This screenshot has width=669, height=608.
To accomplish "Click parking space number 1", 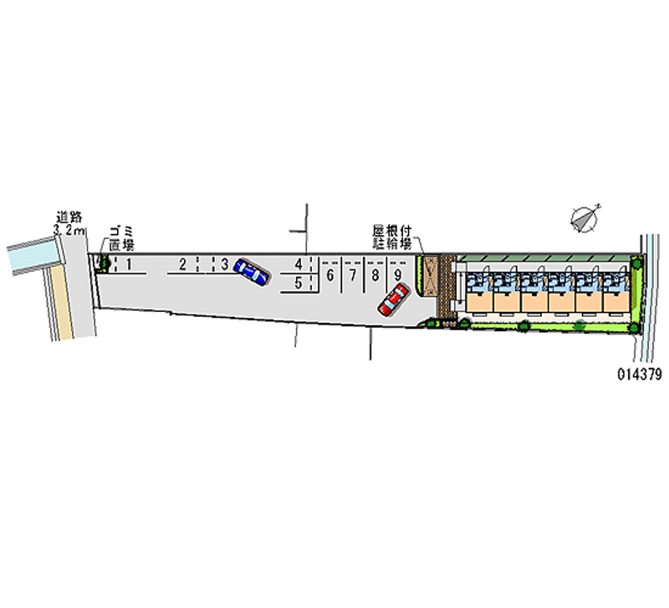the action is click(x=129, y=264).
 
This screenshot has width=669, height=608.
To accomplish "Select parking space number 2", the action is click(x=182, y=264).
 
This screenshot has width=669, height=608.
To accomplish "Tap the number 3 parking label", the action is click(x=225, y=264).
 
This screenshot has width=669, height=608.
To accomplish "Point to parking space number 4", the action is click(x=298, y=265).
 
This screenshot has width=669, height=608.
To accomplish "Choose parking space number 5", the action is click(x=298, y=283).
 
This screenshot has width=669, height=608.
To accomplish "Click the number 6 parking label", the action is click(x=330, y=274).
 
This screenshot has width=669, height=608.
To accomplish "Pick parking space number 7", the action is click(x=353, y=274).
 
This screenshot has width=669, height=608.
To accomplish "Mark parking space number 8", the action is click(x=375, y=274).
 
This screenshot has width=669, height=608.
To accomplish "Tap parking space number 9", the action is click(x=398, y=274).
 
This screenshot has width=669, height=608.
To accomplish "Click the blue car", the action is click(x=251, y=270).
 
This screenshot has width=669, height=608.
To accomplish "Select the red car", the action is click(x=392, y=299).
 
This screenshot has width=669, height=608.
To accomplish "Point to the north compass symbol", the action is click(x=585, y=217).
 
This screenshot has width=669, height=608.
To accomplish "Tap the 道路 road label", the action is click(x=69, y=217).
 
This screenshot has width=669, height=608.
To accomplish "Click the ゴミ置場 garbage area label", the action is click(x=122, y=238).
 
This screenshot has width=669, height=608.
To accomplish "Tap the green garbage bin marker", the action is click(x=105, y=264).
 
